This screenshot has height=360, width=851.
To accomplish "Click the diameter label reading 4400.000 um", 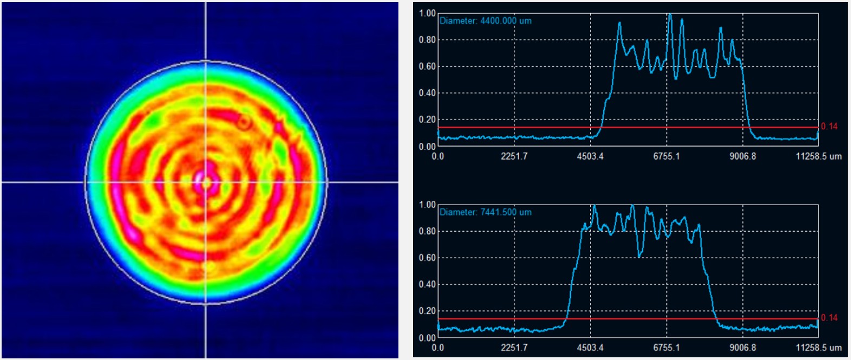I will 486,21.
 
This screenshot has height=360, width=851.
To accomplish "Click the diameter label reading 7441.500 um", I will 486,212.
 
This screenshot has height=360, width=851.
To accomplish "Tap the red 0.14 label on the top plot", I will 829,127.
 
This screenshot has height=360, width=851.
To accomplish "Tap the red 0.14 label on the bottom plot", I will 829,318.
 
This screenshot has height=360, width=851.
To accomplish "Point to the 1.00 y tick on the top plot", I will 427,13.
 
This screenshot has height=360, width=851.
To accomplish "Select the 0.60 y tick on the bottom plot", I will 427,258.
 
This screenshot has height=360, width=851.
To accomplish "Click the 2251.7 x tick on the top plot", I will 514,156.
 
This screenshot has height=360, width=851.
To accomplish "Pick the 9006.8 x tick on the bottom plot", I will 742,348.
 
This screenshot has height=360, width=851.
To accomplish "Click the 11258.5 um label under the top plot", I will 819,156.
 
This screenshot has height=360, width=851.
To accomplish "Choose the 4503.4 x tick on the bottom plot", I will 590,348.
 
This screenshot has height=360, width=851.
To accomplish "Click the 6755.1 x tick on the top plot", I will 666,156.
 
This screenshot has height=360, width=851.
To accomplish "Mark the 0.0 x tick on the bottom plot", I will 437,348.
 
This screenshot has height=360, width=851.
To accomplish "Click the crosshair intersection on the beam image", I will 206,182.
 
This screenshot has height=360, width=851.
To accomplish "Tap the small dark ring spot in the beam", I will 244,123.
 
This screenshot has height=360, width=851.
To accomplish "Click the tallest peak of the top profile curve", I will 670,15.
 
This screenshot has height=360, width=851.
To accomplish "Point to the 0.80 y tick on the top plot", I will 427,40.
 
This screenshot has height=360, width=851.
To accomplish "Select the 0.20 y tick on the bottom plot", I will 427,311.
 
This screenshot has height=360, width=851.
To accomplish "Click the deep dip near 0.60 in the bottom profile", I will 640,254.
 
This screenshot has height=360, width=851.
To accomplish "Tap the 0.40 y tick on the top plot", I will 427,93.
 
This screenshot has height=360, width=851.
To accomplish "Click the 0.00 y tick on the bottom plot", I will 427,338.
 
